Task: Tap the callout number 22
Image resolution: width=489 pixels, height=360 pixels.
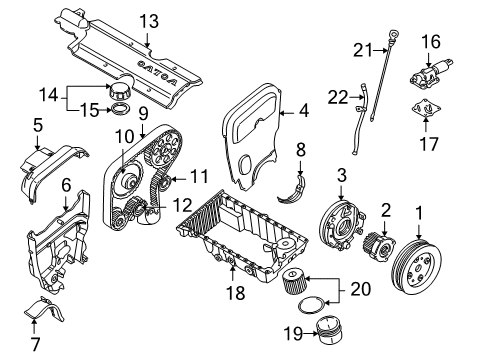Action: pyautogui.click(x=338, y=97)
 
